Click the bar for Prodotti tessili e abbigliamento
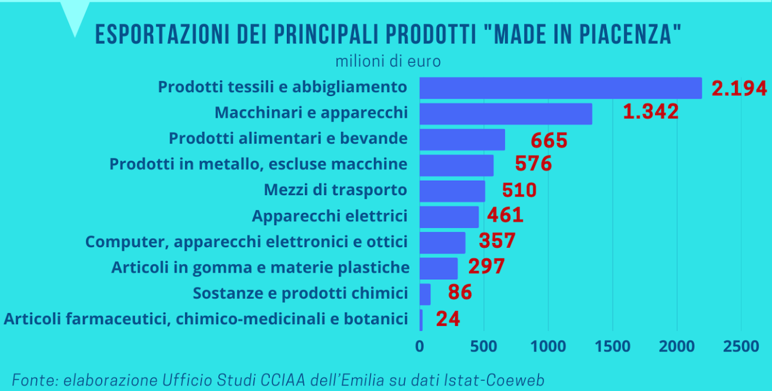pyautogui.click(x=561, y=88)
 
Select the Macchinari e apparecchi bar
pyautogui.click(x=506, y=113)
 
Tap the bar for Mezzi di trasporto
pyautogui.click(x=452, y=191)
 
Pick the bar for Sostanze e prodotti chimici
pyautogui.click(x=425, y=294)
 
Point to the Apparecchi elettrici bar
pyautogui.click(x=449, y=217)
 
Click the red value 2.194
pyautogui.click(x=739, y=88)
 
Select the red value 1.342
pyautogui.click(x=650, y=112)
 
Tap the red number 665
pyautogui.click(x=549, y=140)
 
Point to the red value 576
pyautogui.click(x=533, y=164)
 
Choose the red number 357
pyautogui.click(x=497, y=241)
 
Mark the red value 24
pyautogui.click(x=448, y=319)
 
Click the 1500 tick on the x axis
pyautogui.click(x=613, y=346)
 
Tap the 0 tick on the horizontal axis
pyautogui.click(x=419, y=346)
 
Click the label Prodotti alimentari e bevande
pyautogui.click(x=288, y=138)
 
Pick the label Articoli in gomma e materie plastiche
pyautogui.click(x=260, y=267)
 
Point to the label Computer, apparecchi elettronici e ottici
pyautogui.click(x=246, y=242)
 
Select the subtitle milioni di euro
pyautogui.click(x=388, y=61)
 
